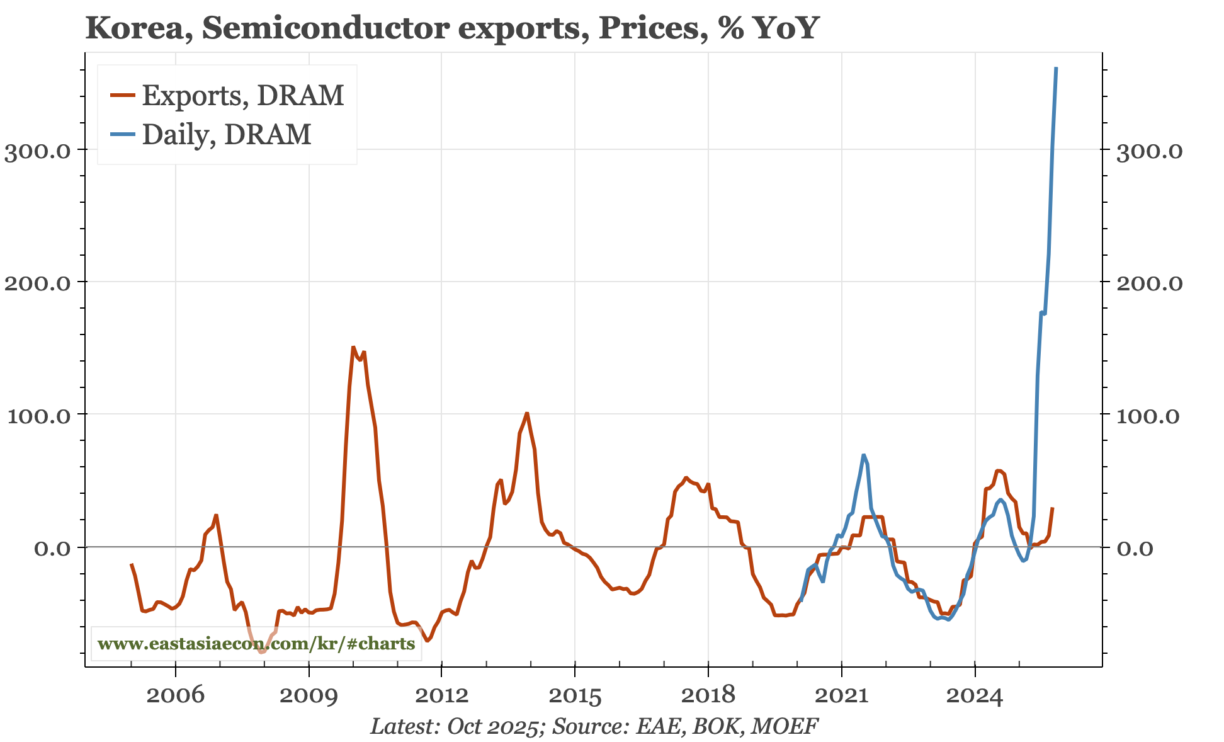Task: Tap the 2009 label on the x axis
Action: point(309,695)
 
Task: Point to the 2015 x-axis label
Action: point(575,695)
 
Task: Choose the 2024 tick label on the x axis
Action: point(975,695)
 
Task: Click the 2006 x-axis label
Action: point(175,695)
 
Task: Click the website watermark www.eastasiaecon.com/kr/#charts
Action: point(256,644)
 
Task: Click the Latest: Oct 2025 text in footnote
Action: point(456,726)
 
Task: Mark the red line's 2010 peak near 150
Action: point(353,346)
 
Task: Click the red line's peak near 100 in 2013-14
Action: point(527,413)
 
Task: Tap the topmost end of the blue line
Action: point(1056,68)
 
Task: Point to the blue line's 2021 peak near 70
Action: point(863,455)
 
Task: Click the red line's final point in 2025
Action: point(1053,508)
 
